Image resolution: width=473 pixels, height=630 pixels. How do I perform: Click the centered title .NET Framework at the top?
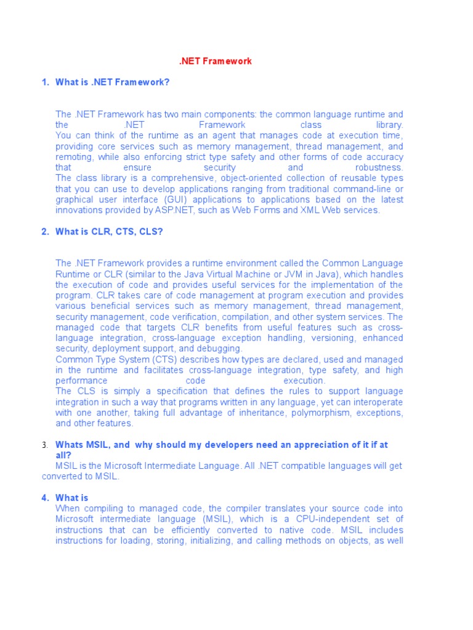point(215,62)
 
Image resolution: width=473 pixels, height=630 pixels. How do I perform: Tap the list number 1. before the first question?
point(45,82)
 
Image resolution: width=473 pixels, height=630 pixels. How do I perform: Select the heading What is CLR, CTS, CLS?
point(110,231)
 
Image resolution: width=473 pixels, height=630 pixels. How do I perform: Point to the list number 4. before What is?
point(45,498)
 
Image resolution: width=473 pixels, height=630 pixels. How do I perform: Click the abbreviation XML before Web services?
point(310,210)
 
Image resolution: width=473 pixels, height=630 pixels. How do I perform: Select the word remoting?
point(73,157)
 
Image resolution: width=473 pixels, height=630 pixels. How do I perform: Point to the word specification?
point(161,391)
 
